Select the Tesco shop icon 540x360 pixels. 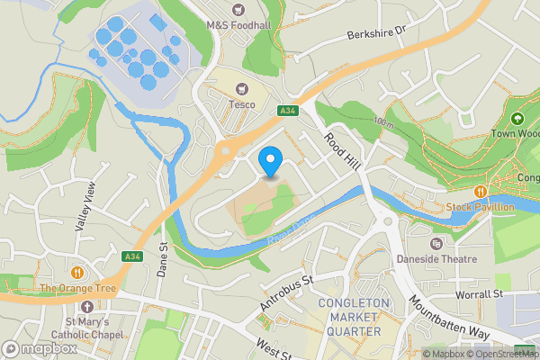point(240,89)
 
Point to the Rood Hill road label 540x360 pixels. point(341,148)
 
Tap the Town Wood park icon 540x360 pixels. point(517,119)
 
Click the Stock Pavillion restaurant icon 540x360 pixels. point(481,191)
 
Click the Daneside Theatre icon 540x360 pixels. point(436,243)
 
